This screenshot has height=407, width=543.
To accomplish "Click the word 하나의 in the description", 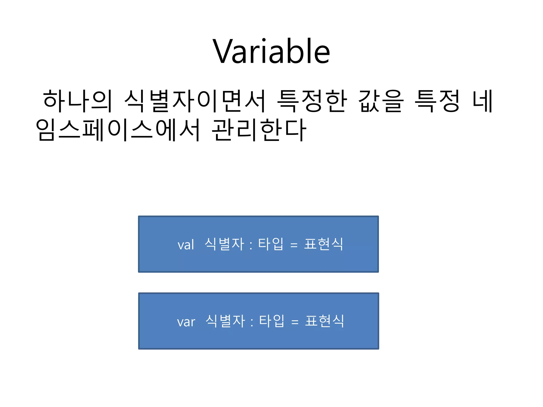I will [x=77, y=101].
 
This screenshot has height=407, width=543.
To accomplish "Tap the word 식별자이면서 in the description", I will [x=195, y=101].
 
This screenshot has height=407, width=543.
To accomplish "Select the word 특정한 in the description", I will [x=312, y=101].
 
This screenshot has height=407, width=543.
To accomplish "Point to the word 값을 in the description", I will [x=381, y=101].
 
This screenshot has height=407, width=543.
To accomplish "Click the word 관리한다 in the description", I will [x=259, y=130].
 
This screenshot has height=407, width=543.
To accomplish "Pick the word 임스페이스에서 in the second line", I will [x=118, y=130].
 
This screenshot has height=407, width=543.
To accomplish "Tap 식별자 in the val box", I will [x=224, y=244].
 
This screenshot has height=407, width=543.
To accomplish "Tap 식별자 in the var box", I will [x=225, y=321].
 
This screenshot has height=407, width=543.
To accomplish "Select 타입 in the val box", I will [x=271, y=244].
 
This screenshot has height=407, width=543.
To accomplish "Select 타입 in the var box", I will [x=271, y=321].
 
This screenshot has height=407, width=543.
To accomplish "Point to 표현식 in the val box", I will [x=324, y=244].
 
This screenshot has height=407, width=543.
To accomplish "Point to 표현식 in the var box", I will [x=325, y=321].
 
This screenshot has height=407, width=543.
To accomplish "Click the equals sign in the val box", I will [x=294, y=245].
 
